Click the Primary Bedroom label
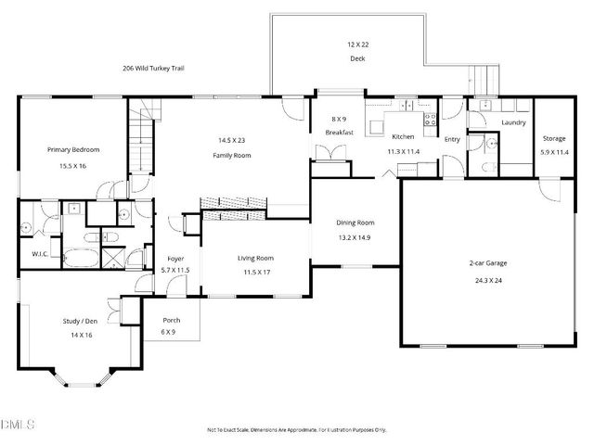73,149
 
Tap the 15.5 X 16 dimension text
73,167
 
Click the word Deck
357,57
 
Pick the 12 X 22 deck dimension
357,44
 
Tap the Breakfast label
340,133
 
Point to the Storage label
555,139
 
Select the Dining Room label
355,222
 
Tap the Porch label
171,320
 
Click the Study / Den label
80,321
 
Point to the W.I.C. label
40,253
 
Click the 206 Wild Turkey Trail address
154,68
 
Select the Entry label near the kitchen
452,139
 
